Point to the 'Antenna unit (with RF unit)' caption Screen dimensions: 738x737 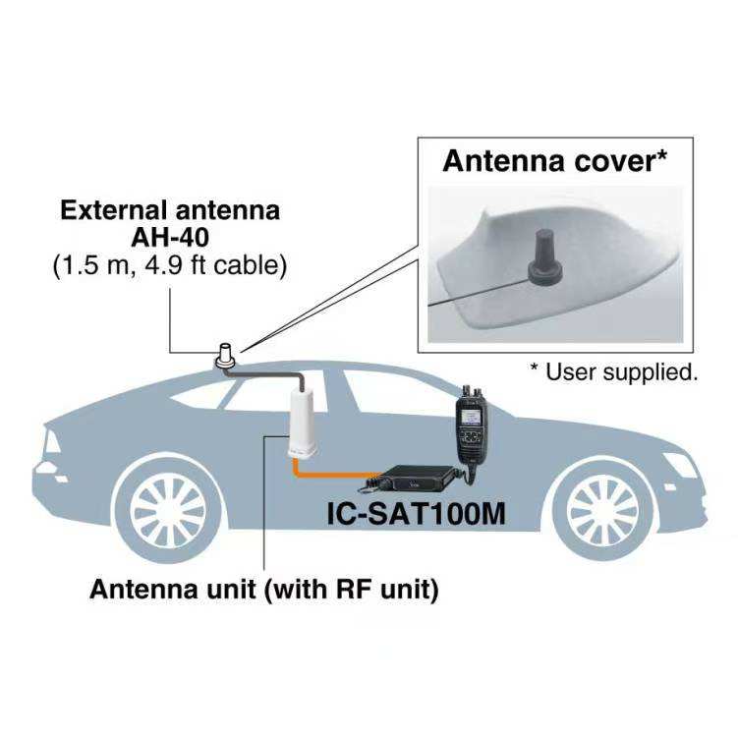pos(263,590)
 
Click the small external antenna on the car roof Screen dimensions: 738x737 pos(227,355)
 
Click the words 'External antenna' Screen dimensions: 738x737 pos(170,209)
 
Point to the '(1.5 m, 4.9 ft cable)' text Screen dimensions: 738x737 pos(170,265)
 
